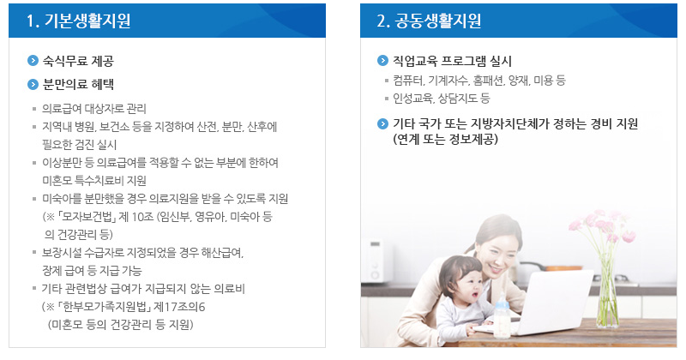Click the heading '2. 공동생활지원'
[x=429, y=21]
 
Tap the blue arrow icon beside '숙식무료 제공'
[x=33, y=62]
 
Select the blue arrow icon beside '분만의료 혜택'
[x=33, y=84]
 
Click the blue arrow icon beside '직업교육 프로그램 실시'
[x=383, y=61]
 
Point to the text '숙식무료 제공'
[x=78, y=62]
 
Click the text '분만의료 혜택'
[x=78, y=84]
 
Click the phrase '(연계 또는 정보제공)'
[x=446, y=139]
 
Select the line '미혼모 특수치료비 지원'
[x=94, y=180]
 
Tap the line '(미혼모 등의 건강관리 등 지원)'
[x=120, y=324]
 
